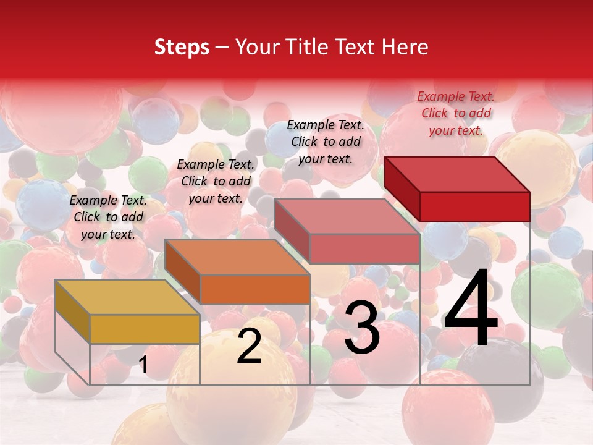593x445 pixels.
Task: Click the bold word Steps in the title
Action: click(182, 47)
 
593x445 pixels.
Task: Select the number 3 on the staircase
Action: click(362, 328)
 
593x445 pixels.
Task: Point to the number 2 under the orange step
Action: click(249, 347)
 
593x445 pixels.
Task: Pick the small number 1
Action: click(143, 365)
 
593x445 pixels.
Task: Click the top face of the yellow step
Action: click(127, 297)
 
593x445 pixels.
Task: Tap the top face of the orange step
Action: click(237, 257)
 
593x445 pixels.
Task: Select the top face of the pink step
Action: click(347, 217)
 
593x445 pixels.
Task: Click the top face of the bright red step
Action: click(456, 174)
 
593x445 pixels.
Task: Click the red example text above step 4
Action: click(456, 113)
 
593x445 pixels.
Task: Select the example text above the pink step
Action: click(326, 142)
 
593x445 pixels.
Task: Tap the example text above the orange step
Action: click(216, 181)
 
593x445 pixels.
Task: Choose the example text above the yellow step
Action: click(108, 217)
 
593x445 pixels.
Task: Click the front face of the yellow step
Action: click(145, 329)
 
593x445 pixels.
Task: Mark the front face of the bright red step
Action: click(474, 206)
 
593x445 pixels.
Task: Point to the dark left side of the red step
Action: click(402, 189)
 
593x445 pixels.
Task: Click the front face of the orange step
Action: click(254, 289)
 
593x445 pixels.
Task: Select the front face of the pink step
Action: click(364, 249)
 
